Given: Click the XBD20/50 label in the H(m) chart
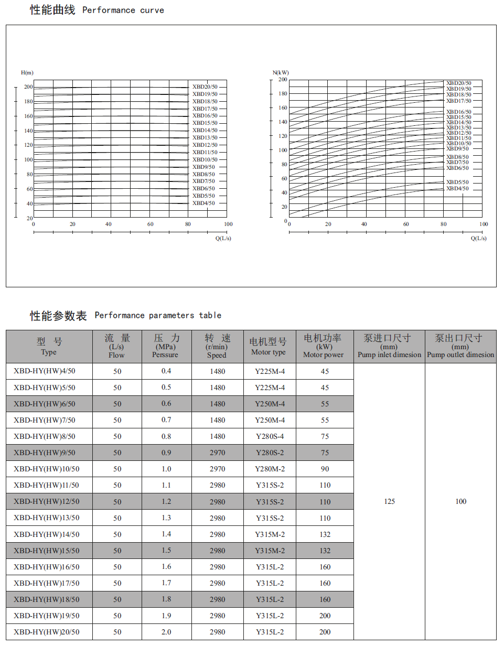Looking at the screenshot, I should [x=205, y=87].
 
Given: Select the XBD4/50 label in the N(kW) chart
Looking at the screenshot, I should [x=457, y=189].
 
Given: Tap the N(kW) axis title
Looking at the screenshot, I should [x=281, y=72].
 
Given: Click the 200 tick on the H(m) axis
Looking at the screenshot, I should [x=28, y=87].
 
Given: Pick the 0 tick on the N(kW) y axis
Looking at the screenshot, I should [x=286, y=221].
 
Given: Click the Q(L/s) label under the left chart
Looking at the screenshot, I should [x=223, y=238].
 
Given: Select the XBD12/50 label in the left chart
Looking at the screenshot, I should [x=205, y=145].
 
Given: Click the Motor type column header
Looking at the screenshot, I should [x=269, y=347].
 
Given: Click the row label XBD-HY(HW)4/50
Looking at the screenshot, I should [x=45, y=371].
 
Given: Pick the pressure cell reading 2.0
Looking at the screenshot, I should [x=166, y=632].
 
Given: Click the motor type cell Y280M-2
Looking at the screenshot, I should [x=270, y=469].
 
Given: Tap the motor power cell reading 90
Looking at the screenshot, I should [x=325, y=469].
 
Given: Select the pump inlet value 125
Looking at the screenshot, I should [x=389, y=502].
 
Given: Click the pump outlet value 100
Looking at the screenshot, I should [x=460, y=502].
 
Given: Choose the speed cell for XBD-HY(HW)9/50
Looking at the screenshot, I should [x=217, y=453].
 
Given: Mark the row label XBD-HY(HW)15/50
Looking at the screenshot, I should [x=46, y=551].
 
